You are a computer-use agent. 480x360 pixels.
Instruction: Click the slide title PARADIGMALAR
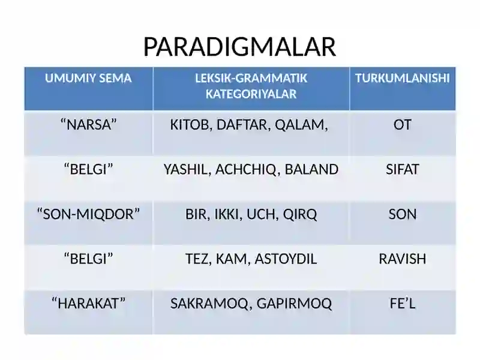pyautogui.click(x=239, y=47)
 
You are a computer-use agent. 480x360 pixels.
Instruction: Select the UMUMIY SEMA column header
pyautogui.click(x=88, y=79)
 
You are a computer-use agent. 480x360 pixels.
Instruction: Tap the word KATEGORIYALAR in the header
pyautogui.click(x=251, y=94)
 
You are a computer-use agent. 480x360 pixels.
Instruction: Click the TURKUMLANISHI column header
pyautogui.click(x=402, y=79)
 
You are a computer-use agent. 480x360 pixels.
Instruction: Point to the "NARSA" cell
pyautogui.click(x=89, y=125)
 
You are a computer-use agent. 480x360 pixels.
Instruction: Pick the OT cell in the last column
pyautogui.click(x=402, y=125)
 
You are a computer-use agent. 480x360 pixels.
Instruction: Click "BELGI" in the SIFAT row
pyautogui.click(x=89, y=169)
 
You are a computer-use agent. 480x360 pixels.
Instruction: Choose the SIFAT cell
pyautogui.click(x=402, y=169)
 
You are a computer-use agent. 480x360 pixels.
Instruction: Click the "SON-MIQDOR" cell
pyautogui.click(x=88, y=214)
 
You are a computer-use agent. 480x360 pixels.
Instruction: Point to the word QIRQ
pyautogui.click(x=299, y=214)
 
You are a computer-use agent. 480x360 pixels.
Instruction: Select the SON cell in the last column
pyautogui.click(x=402, y=214)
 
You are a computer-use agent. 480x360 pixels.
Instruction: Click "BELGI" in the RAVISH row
pyautogui.click(x=89, y=259)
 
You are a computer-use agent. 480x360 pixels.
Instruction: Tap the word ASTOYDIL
pyautogui.click(x=286, y=259)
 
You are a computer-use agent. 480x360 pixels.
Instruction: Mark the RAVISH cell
pyautogui.click(x=402, y=259)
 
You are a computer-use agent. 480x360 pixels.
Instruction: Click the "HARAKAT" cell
pyautogui.click(x=88, y=304)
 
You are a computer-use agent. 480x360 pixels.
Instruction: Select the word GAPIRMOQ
pyautogui.click(x=294, y=304)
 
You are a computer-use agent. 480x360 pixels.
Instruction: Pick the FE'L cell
pyautogui.click(x=402, y=304)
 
